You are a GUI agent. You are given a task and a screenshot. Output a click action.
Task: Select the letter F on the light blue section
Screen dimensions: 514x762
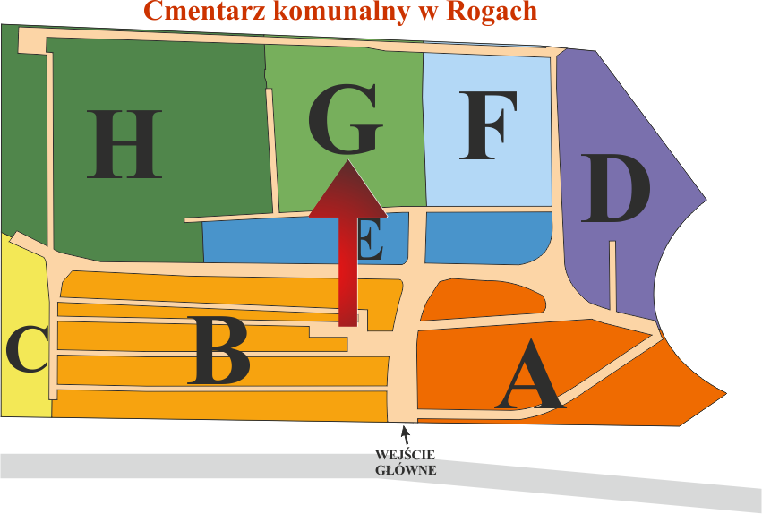(488, 125)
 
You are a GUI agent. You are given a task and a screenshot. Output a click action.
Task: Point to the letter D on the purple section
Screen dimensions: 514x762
(615, 189)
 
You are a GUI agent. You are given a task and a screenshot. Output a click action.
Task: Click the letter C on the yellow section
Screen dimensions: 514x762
(27, 349)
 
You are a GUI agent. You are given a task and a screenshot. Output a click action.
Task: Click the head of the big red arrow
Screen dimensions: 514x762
(347, 193)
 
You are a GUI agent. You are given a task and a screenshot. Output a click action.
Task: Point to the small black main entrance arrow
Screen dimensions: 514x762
(406, 436)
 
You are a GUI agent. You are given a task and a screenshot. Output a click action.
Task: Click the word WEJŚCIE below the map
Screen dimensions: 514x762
(406, 455)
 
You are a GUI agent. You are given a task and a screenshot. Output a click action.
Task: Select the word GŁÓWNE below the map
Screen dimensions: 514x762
(406, 469)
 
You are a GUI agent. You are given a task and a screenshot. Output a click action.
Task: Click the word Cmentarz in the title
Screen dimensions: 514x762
(199, 12)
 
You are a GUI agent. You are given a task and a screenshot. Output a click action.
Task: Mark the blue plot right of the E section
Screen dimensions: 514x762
(486, 237)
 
